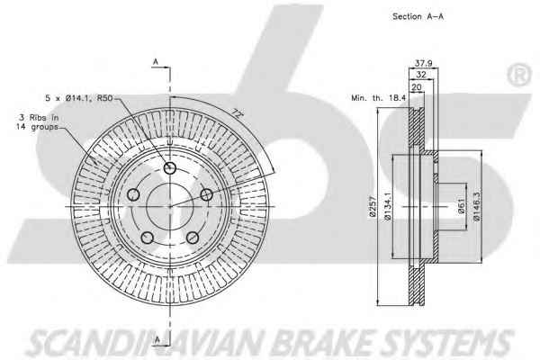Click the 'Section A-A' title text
[x=418, y=16]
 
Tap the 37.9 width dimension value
[x=423, y=63]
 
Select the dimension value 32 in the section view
[x=421, y=74]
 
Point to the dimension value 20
[x=417, y=86]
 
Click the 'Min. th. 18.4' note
[x=379, y=98]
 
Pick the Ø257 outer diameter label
[x=373, y=206]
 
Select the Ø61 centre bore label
[x=462, y=206]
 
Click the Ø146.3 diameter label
[x=477, y=206]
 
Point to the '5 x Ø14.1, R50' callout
[x=79, y=98]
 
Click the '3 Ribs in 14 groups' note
[x=38, y=122]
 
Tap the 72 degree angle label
[x=236, y=112]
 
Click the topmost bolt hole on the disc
[x=169, y=168]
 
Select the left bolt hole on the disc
[x=133, y=194]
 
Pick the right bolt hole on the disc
[x=206, y=194]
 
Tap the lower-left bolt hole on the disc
[x=148, y=238]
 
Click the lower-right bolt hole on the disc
[x=193, y=238]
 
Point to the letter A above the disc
[x=156, y=62]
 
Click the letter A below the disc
[x=157, y=340]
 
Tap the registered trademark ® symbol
[x=519, y=75]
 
